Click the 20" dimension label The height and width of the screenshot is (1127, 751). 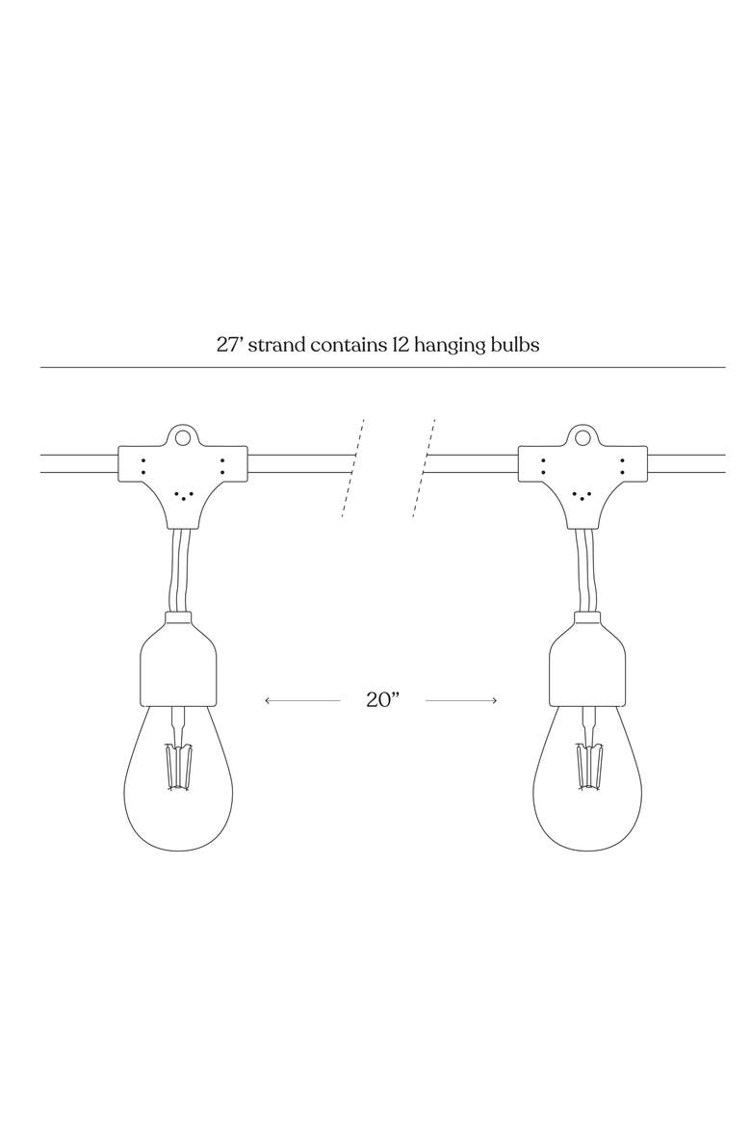pyautogui.click(x=381, y=699)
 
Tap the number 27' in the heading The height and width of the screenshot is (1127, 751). pyautogui.click(x=229, y=344)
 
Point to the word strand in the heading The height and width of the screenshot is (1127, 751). pyautogui.click(x=275, y=344)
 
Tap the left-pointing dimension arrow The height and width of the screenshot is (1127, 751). pyautogui.click(x=302, y=700)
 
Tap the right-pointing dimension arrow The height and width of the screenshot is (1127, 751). pyautogui.click(x=460, y=700)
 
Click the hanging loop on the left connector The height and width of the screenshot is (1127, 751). pyautogui.click(x=182, y=435)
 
